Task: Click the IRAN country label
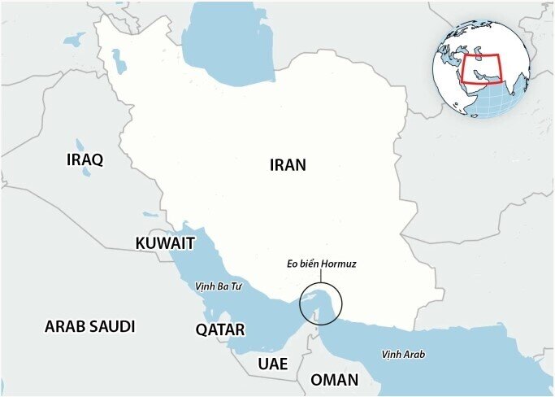(288, 165)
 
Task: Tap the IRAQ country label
(85, 159)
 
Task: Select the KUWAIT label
(165, 243)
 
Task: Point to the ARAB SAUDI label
(89, 327)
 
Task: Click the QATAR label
(219, 329)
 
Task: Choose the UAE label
(272, 364)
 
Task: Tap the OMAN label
(334, 380)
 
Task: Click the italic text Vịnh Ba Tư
(219, 286)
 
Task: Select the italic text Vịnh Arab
(403, 354)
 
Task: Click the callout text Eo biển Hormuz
(321, 264)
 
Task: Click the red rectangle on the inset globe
(483, 70)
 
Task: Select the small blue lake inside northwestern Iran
(119, 62)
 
